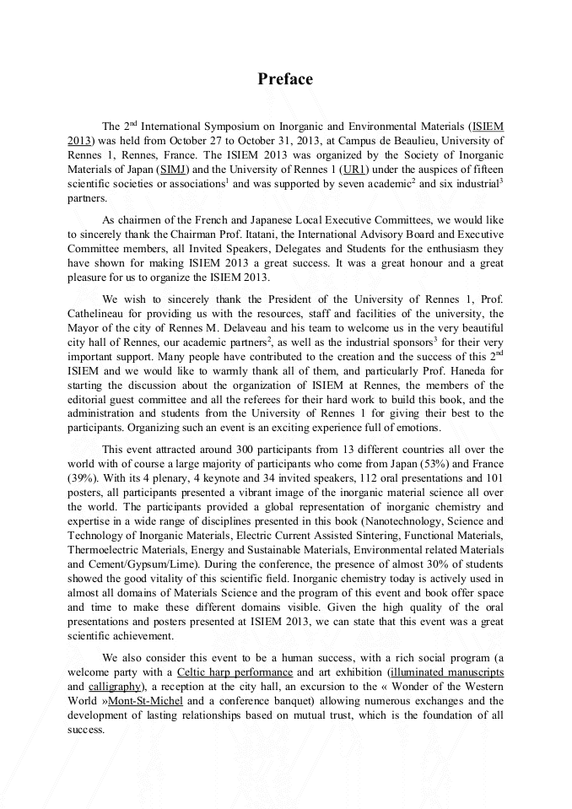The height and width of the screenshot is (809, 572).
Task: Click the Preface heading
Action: coord(285,79)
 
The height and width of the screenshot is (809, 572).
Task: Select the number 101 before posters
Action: coord(492,477)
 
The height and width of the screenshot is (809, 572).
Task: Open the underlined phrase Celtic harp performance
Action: coord(235,672)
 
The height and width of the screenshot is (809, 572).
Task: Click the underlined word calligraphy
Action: coord(115,687)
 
